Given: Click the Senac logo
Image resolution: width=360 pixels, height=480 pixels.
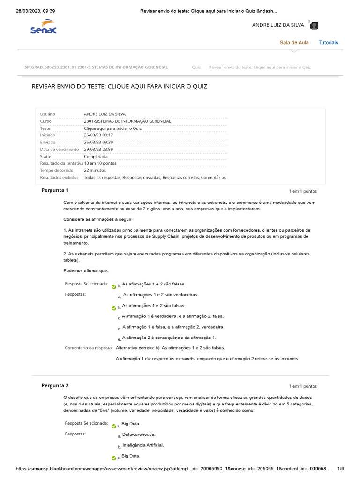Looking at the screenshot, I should (43, 27).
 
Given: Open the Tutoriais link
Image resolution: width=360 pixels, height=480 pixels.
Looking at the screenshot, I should (328, 42).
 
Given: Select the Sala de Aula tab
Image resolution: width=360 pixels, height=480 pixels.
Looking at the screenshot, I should (294, 42).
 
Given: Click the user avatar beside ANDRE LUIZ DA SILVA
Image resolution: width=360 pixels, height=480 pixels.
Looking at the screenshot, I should (315, 25).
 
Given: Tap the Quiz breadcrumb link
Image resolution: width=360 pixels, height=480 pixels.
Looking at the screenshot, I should (196, 67).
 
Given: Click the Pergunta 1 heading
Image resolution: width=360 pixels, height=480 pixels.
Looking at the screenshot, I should (55, 190).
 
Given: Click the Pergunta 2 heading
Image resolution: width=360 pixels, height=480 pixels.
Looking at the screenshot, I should (55, 385).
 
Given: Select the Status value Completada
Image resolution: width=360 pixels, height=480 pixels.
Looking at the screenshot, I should (96, 156).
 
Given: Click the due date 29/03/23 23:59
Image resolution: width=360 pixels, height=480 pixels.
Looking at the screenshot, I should (98, 149).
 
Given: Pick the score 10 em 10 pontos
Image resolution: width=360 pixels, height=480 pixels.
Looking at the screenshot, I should (100, 163).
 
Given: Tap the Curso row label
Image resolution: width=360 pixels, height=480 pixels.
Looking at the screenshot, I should (45, 121).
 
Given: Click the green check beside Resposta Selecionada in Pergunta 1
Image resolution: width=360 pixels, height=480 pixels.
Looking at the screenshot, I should (114, 286).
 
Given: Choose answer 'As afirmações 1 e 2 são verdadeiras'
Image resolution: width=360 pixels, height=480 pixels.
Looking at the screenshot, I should (160, 295).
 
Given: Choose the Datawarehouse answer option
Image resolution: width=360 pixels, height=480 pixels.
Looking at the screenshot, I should (138, 435).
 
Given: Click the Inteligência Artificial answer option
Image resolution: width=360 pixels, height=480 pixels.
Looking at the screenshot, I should (142, 445).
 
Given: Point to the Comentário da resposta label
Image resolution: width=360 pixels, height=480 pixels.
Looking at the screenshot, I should (89, 348).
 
